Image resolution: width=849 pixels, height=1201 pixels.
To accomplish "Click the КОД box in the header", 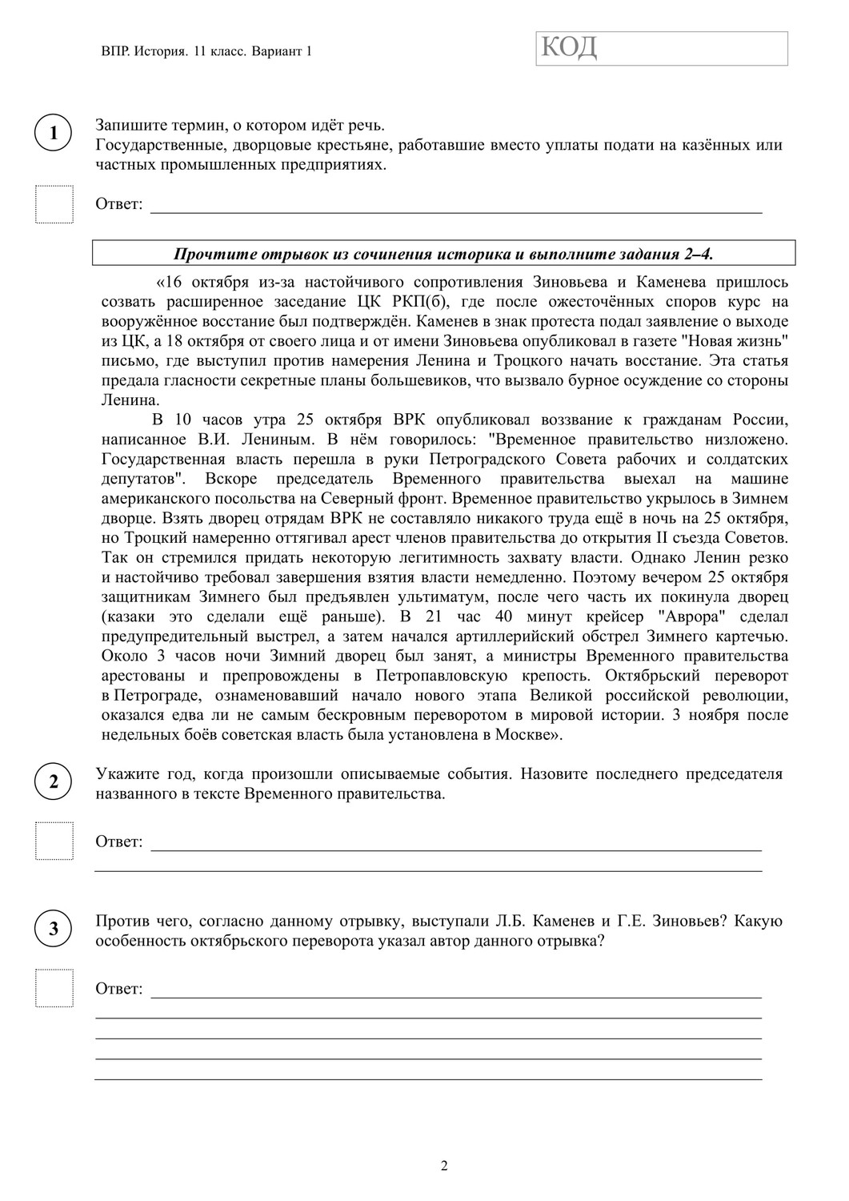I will (662, 48).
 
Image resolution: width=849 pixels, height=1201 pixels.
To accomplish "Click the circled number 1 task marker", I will (54, 133).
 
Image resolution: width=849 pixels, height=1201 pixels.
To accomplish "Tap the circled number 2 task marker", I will (54, 782).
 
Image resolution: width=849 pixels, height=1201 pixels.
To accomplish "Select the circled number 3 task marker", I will (54, 929).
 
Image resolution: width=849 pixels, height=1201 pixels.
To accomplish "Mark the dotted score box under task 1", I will (54, 204).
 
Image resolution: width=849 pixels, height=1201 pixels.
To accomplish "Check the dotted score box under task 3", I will (54, 988).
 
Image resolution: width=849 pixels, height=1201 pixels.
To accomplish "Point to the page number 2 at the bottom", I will (444, 1165).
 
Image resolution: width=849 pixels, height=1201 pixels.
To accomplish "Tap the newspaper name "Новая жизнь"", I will (744, 341).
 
